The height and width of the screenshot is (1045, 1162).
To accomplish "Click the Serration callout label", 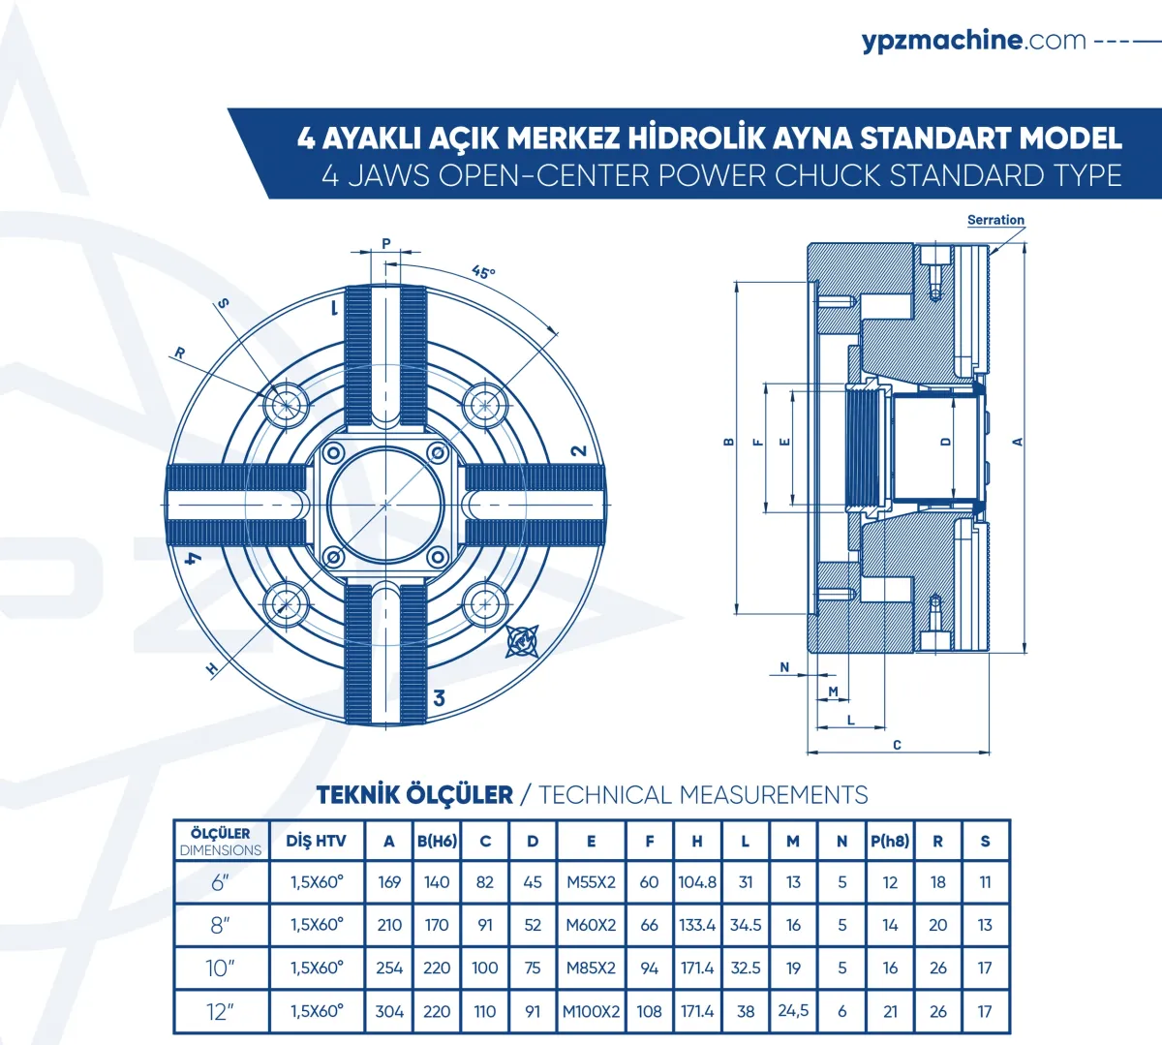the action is [x=995, y=220].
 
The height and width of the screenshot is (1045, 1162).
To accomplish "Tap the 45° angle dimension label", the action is [x=483, y=272].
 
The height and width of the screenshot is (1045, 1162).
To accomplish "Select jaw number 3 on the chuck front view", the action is [x=439, y=698].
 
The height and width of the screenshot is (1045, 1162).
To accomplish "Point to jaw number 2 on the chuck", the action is [x=579, y=450].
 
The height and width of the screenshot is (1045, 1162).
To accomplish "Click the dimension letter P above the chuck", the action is [x=386, y=243].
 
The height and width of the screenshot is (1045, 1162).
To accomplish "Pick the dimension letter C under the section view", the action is [x=898, y=745].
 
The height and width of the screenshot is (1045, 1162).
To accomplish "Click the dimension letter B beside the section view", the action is [x=729, y=442].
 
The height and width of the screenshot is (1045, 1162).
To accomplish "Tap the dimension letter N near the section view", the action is [x=784, y=667].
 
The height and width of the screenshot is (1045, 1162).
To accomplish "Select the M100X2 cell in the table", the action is [x=591, y=1011].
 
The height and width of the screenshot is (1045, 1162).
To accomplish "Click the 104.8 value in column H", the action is [x=697, y=882].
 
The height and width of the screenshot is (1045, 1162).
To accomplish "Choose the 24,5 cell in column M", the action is [x=793, y=1010].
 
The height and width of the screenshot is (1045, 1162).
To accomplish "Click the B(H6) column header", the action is [x=437, y=841].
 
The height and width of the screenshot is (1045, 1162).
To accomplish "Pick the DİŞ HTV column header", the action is [x=317, y=841].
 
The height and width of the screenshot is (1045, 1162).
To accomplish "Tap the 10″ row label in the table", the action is [x=220, y=968].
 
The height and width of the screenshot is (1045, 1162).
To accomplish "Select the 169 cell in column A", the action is [x=389, y=882].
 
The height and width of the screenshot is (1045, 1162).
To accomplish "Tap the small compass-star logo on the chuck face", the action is [x=522, y=641].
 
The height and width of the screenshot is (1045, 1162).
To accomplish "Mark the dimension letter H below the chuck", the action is [x=212, y=669].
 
